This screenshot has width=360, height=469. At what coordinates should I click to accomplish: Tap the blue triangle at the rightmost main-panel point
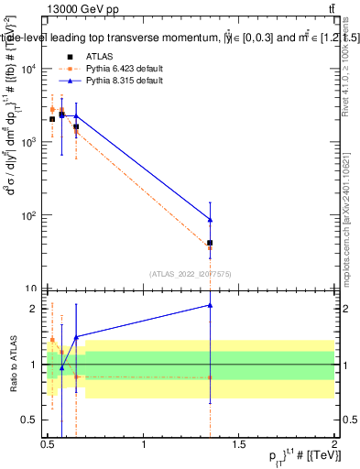[x=211, y=220]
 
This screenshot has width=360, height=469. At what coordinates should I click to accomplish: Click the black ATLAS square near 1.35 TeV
[x=211, y=243]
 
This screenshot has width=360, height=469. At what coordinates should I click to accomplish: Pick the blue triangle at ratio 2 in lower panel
[x=211, y=305]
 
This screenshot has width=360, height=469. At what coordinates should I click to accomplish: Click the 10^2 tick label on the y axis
[x=30, y=216]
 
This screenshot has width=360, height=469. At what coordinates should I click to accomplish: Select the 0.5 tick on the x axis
[x=48, y=443]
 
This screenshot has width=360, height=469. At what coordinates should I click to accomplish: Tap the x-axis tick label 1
[x=144, y=443]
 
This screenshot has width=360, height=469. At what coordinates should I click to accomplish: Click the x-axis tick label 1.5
[x=238, y=443]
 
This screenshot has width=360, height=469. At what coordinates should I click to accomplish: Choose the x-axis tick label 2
[x=334, y=443]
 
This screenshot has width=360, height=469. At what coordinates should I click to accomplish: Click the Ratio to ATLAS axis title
[x=12, y=365]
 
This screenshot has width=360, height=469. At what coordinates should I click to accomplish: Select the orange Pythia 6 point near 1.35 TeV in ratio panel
[x=211, y=377]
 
